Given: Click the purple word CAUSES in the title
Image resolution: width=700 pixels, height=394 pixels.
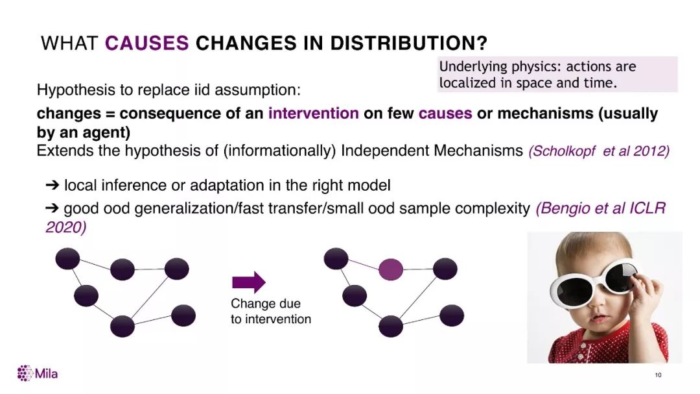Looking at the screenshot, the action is tap(147, 43).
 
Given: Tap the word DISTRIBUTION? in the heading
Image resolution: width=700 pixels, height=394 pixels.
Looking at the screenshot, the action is tap(408, 43).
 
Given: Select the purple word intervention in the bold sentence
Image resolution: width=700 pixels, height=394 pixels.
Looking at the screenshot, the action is tap(314, 113).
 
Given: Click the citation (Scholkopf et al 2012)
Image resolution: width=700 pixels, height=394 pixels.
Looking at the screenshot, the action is tap(599, 151).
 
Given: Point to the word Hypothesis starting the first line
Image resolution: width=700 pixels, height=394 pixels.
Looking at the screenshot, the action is tap(76, 90).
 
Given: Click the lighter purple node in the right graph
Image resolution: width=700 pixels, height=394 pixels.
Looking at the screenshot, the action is tap(391, 269).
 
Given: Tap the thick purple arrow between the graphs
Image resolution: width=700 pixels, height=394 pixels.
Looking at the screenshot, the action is tap(249, 282).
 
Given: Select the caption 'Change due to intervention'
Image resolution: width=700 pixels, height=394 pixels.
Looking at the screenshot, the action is tap(270, 312).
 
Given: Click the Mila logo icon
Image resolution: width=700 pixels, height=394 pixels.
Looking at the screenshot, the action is tap(25, 373).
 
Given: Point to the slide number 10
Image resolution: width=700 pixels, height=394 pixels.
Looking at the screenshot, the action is tap(658, 375).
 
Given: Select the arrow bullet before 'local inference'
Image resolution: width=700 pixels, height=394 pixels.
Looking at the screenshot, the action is tap(52, 185).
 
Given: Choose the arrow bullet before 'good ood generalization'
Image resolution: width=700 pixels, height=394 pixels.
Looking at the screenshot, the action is tap(52, 208).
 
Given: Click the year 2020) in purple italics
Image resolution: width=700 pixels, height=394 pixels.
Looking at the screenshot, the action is tap(65, 227).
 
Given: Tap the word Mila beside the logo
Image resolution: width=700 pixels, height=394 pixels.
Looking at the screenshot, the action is tap(47, 373).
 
